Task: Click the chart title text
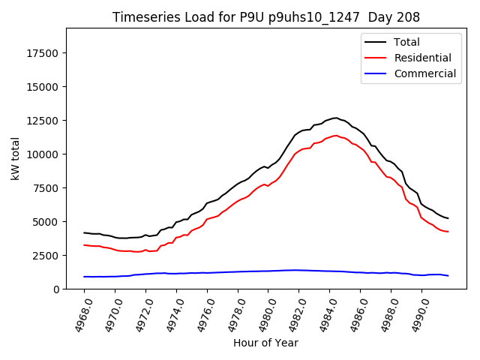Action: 266,16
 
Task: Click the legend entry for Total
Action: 407,42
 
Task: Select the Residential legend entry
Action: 422,58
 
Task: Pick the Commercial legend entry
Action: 424,73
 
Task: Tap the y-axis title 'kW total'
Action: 15,158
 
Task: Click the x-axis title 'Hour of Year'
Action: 266,343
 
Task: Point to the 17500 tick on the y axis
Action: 43,52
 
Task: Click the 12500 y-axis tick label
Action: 43,120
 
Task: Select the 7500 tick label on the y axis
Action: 46,187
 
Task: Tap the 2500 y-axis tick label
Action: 46,255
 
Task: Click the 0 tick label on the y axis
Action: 57,289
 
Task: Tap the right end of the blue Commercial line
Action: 448,276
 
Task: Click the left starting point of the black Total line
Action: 84,232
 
